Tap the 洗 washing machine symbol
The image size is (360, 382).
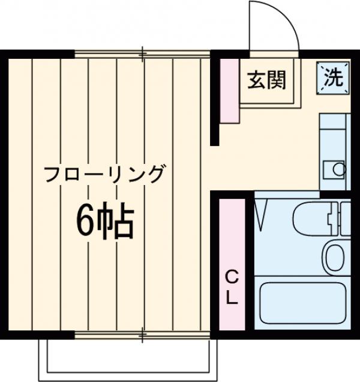tap(334, 77)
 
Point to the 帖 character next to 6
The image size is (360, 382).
tap(118, 223)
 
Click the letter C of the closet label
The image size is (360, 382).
tap(232, 277)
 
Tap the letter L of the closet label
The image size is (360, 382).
tap(232, 297)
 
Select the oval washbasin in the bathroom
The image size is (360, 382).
tap(334, 256)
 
